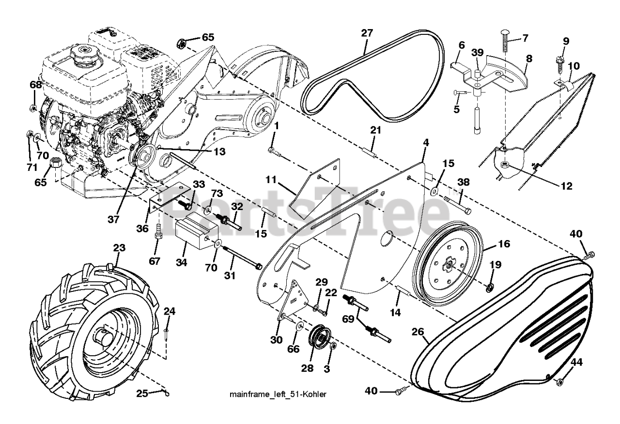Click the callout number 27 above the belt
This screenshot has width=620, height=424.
click(x=367, y=34)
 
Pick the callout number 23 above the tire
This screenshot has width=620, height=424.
click(x=119, y=248)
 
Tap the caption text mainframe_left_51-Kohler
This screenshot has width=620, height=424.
click(x=278, y=394)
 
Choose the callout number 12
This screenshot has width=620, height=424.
click(x=566, y=186)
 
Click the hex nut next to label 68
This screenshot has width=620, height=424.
click(x=33, y=107)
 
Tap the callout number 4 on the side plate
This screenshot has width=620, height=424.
click(x=426, y=143)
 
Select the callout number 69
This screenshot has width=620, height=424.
click(x=348, y=318)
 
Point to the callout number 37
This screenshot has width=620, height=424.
click(x=113, y=219)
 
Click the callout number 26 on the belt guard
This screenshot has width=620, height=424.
click(x=418, y=332)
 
